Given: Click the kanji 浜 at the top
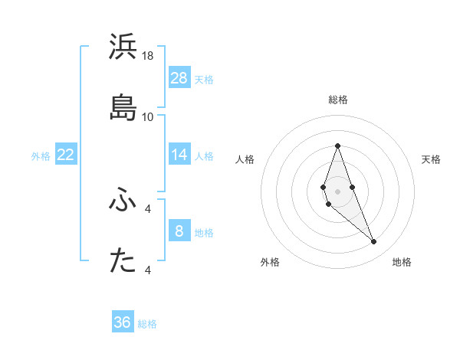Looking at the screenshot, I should pos(123,47).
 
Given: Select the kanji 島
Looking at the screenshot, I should pos(123,107).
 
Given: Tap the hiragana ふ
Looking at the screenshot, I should pos(123,201).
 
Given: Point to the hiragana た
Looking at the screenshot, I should pos(123,261).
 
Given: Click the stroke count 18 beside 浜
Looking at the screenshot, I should pos(148,56).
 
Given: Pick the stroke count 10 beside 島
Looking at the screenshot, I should pos(148,116).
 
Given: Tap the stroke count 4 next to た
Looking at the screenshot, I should pos(148,270).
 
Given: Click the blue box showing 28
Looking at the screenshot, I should pos(179,78).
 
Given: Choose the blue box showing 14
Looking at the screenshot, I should pos(179,155).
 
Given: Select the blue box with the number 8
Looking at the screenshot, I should pos(179,231).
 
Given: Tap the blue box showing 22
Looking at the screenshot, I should pos(65,155).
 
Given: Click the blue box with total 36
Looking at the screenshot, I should pos(123,322).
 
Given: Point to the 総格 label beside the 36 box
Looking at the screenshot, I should pos(148,324).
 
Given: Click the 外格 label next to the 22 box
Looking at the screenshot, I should pos(41,156).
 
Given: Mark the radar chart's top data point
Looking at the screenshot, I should pos(337,146).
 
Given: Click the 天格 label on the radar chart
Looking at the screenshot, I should pos(431,159).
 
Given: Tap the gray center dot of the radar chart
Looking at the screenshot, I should pos(337,191).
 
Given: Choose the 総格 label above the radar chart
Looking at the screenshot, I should pos(337,100).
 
